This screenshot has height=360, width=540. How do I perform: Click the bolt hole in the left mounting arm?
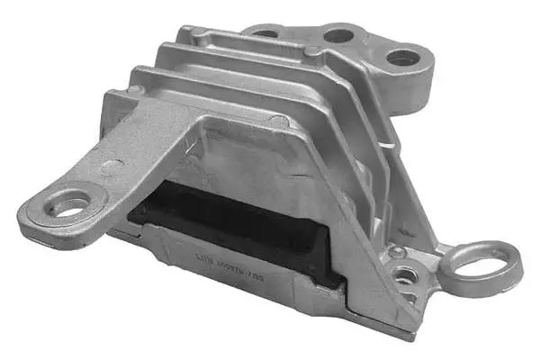[68, 202]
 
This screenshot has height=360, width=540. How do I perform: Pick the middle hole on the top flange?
[338, 36]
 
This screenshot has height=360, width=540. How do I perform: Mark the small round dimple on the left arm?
[111, 166]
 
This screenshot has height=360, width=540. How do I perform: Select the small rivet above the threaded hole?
[397, 251]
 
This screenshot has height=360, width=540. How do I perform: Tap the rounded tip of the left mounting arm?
[27, 216]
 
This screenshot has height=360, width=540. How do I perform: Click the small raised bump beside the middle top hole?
[311, 51]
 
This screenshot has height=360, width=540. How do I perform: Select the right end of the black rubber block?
[328, 261]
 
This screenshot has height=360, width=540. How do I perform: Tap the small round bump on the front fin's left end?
[135, 90]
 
